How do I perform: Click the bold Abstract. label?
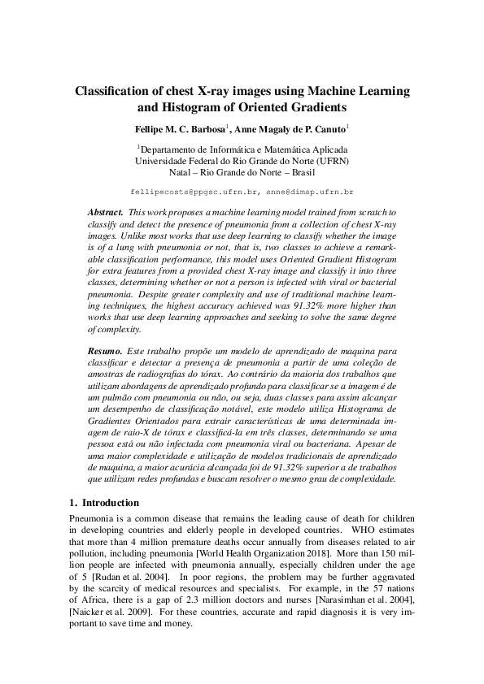coord(105,211)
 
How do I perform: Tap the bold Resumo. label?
coord(105,348)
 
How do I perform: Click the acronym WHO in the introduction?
coord(363,530)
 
